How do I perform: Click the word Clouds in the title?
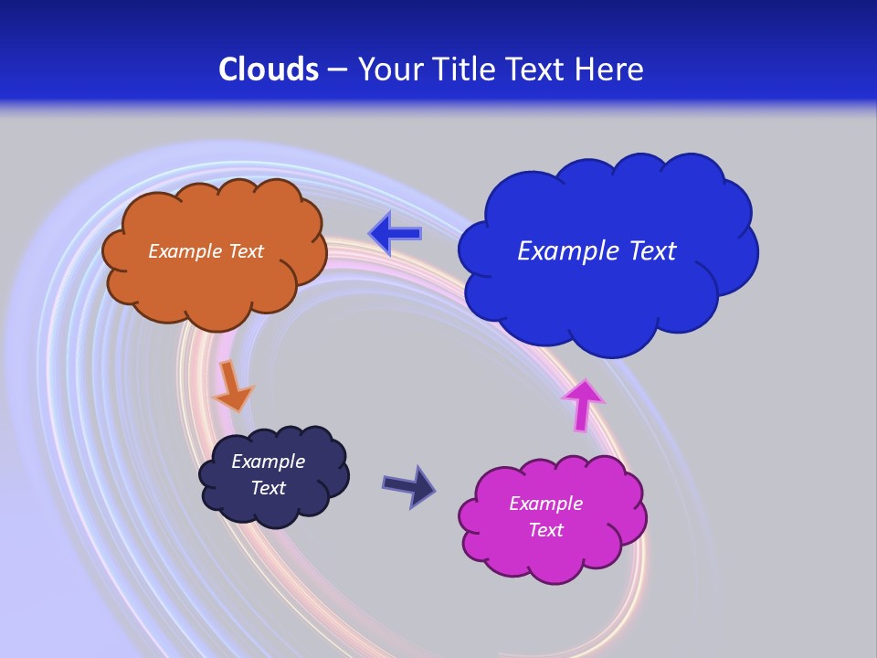269,69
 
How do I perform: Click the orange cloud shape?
215,292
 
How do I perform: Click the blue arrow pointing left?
396,234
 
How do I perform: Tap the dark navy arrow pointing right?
409,486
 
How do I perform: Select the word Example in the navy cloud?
268,462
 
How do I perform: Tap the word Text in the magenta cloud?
545,530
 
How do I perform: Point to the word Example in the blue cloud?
567,251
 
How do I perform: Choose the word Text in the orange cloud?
244,251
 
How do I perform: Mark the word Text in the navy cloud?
268,488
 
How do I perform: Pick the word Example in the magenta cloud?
545,504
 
